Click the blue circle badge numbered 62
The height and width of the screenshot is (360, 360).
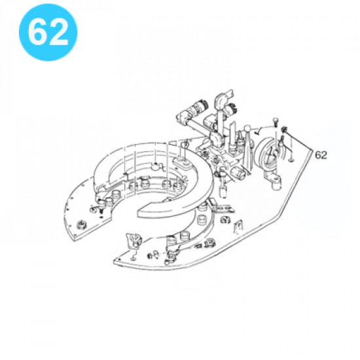point(48,32)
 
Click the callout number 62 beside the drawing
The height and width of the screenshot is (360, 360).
point(321,155)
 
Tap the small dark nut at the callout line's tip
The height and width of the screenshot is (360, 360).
point(285,130)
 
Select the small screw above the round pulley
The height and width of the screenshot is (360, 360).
point(276,122)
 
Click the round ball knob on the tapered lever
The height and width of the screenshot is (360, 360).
point(247,128)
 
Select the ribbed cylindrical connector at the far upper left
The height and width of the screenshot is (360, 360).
point(197,106)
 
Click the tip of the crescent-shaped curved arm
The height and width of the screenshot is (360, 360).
point(139,213)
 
